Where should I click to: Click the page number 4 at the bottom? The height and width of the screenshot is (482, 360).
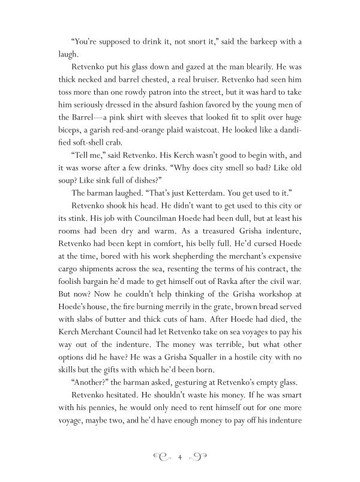click(180, 458)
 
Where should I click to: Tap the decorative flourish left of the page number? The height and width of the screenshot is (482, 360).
click(160, 458)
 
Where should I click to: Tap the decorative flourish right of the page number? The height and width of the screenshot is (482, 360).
click(199, 458)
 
